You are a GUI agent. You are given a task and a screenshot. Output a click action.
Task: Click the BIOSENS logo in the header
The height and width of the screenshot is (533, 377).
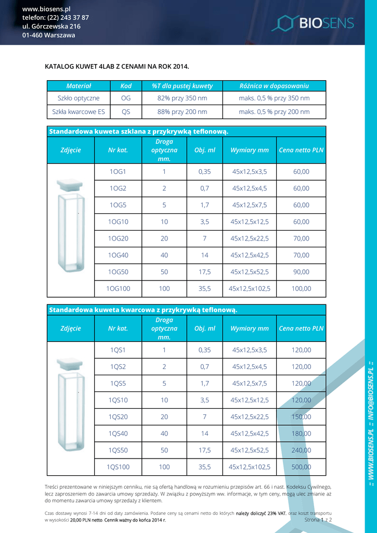click(x=313, y=22)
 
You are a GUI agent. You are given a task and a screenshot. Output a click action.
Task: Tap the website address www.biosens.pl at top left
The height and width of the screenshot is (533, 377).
click(x=46, y=9)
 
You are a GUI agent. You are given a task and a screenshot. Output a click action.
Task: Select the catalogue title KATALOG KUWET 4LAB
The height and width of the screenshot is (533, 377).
click(x=117, y=67)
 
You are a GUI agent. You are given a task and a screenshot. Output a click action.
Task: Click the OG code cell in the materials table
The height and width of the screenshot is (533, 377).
click(x=126, y=98)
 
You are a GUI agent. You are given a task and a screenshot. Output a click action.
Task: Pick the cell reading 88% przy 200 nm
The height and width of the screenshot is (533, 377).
click(x=182, y=111)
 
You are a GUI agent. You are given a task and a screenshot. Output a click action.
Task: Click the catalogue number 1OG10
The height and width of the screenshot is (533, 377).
click(x=118, y=222)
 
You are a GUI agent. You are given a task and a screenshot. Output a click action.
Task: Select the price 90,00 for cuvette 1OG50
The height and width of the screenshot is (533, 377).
click(x=301, y=272)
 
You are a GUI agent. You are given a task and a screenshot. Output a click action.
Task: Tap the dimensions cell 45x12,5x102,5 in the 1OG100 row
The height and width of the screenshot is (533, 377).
click(x=250, y=288)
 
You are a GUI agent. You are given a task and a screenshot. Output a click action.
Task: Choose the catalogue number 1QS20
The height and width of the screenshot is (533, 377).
click(x=118, y=417)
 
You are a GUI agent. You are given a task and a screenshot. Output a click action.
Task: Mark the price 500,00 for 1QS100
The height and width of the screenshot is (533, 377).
click(x=301, y=467)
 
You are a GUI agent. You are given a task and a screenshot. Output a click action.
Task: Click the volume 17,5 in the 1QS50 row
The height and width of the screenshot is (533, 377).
click(x=205, y=450)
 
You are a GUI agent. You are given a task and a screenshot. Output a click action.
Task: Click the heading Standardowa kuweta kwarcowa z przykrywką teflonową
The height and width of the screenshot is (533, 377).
click(x=143, y=310)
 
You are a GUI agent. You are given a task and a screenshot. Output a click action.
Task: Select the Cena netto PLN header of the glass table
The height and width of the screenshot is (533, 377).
click(x=301, y=150)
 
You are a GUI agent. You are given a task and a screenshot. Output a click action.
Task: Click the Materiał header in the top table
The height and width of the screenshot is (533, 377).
click(x=79, y=86)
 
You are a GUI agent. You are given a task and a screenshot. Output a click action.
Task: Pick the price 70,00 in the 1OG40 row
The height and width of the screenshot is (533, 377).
click(x=301, y=255)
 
